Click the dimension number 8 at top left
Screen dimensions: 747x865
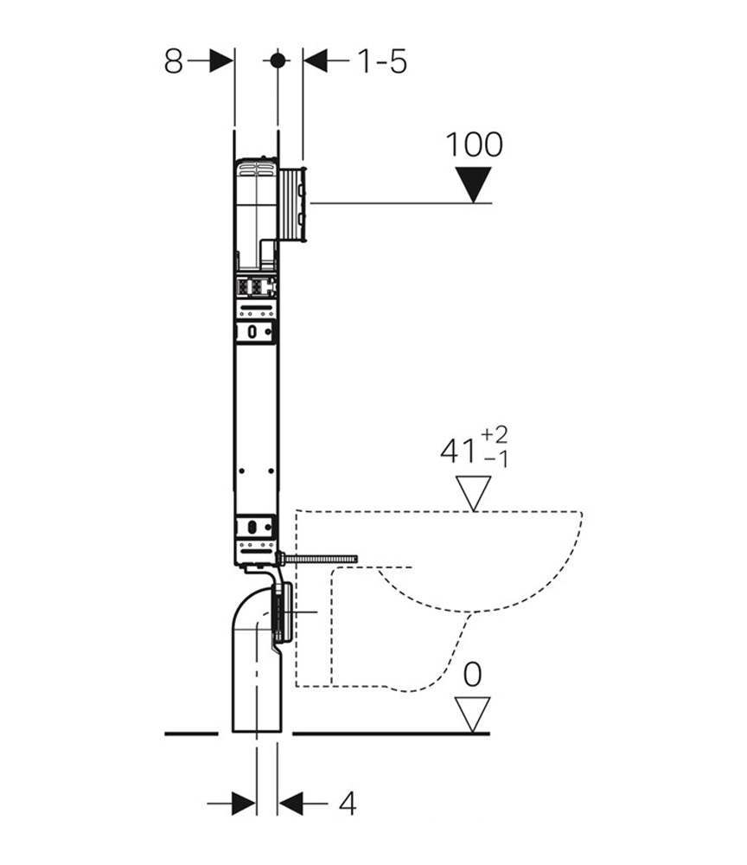173,61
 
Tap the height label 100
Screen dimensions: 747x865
474,144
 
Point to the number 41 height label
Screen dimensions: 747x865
457,451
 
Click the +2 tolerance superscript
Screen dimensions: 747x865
495,435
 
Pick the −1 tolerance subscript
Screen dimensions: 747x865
495,458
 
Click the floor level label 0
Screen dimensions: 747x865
472,674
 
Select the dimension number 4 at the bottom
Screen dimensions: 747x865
348,804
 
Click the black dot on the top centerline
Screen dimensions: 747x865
278,61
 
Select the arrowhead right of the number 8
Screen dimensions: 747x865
221,61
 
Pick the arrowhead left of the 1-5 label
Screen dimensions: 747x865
316,61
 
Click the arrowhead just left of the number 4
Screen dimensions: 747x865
290,804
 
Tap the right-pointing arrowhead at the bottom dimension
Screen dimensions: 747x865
244,804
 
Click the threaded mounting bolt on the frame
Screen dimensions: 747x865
316,559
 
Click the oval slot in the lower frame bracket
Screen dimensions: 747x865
252,526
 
